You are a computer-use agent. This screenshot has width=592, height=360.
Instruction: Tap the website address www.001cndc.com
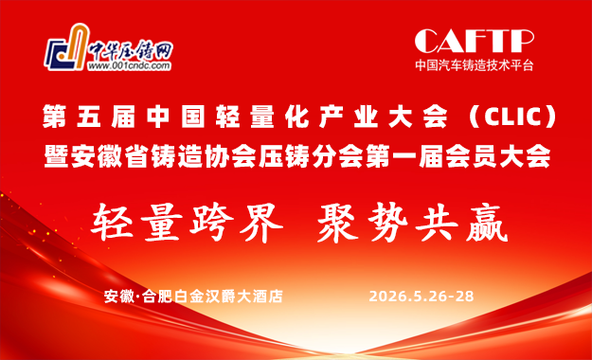tap(129, 68)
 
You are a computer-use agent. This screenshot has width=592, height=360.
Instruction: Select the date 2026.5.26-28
tap(422, 296)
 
